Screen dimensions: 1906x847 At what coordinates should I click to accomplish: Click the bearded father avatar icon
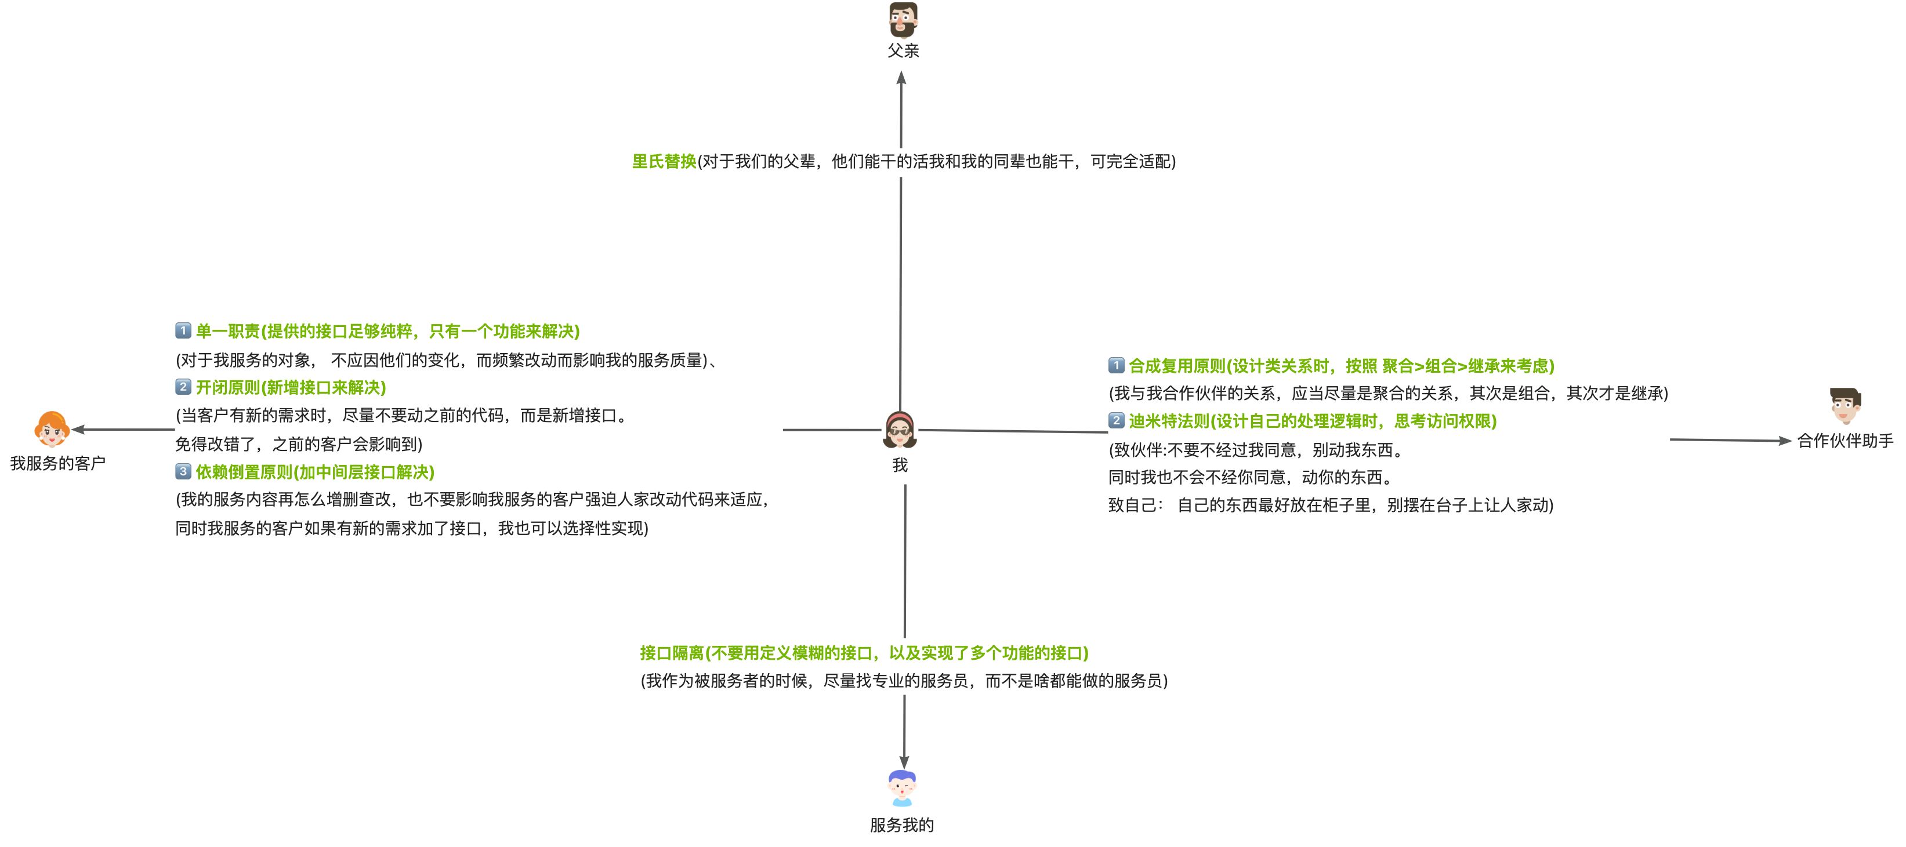903,20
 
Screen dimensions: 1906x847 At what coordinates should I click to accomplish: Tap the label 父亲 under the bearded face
903,51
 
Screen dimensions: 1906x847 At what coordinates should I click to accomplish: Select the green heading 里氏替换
664,161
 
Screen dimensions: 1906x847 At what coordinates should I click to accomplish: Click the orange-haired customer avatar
52,430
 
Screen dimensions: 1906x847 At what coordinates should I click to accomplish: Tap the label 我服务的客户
57,463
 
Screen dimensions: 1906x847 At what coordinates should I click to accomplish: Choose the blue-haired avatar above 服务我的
902,788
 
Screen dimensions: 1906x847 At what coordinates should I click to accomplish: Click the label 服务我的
902,825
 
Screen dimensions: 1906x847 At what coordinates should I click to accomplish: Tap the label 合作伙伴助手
1845,441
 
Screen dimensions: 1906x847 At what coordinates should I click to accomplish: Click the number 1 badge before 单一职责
183,330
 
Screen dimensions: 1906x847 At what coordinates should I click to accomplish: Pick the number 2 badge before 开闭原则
183,387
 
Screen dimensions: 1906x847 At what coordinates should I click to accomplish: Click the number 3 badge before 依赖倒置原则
183,471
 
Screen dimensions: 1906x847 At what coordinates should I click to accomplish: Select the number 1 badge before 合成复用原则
1116,365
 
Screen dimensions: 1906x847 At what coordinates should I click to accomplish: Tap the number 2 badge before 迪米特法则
1116,421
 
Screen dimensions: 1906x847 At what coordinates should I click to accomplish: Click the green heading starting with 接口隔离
864,653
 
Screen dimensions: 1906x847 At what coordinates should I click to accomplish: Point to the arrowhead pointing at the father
901,78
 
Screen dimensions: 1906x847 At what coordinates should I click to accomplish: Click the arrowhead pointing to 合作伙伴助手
1784,441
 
